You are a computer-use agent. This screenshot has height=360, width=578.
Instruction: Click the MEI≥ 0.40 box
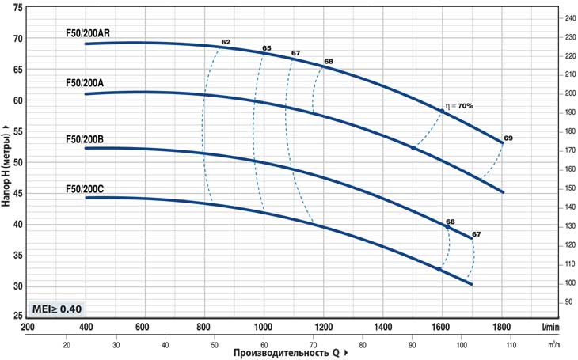tap(57, 309)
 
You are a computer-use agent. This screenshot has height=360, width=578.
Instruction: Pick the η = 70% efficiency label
tap(458, 105)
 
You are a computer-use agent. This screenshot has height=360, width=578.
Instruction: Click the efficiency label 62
tap(226, 41)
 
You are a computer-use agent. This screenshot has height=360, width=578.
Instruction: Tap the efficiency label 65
tap(266, 48)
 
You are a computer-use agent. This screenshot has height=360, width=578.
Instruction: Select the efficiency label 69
tap(508, 138)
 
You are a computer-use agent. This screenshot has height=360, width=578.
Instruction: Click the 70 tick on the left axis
tap(17, 39)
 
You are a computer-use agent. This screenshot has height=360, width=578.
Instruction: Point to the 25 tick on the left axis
tap(17, 316)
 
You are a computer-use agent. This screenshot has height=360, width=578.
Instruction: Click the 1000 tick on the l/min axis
tap(264, 327)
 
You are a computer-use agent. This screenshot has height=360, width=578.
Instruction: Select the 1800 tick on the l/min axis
tap(501, 327)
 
